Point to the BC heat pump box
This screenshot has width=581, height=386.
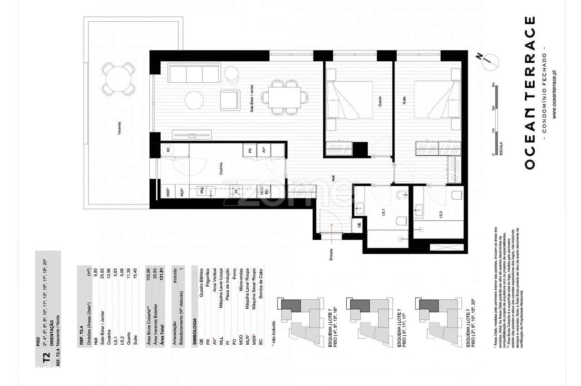168,149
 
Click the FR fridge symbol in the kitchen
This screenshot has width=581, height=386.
250,149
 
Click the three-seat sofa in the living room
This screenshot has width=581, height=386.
194,74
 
